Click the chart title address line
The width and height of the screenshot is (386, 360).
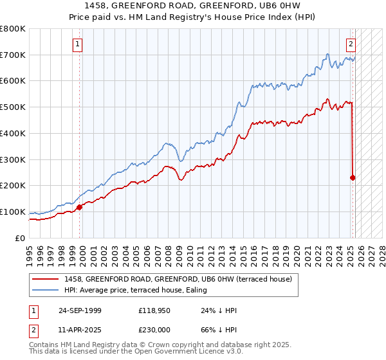pyautogui.click(x=193, y=7)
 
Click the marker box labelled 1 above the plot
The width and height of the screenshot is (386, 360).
pyautogui.click(x=77, y=44)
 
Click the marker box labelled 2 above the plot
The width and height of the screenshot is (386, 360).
pyautogui.click(x=351, y=44)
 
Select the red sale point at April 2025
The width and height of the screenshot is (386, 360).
pyautogui.click(x=353, y=177)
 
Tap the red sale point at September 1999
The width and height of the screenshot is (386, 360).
pyautogui.click(x=80, y=207)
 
